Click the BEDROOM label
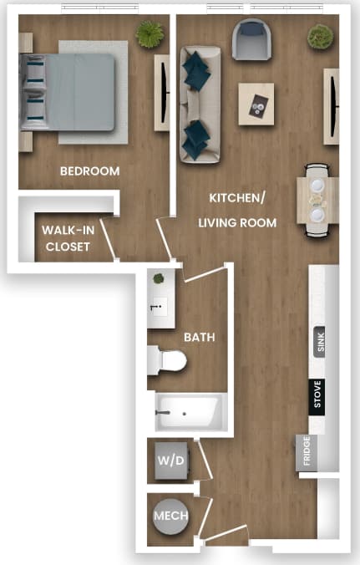point(89,171)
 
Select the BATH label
point(200,338)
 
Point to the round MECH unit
point(170,516)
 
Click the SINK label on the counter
point(319,342)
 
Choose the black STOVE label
point(317,394)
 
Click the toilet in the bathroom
point(168,361)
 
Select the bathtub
point(189,412)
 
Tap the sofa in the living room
point(197,103)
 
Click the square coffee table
point(256,104)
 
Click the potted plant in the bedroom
point(150,34)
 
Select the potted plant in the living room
point(320,36)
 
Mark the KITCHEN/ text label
point(237,198)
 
